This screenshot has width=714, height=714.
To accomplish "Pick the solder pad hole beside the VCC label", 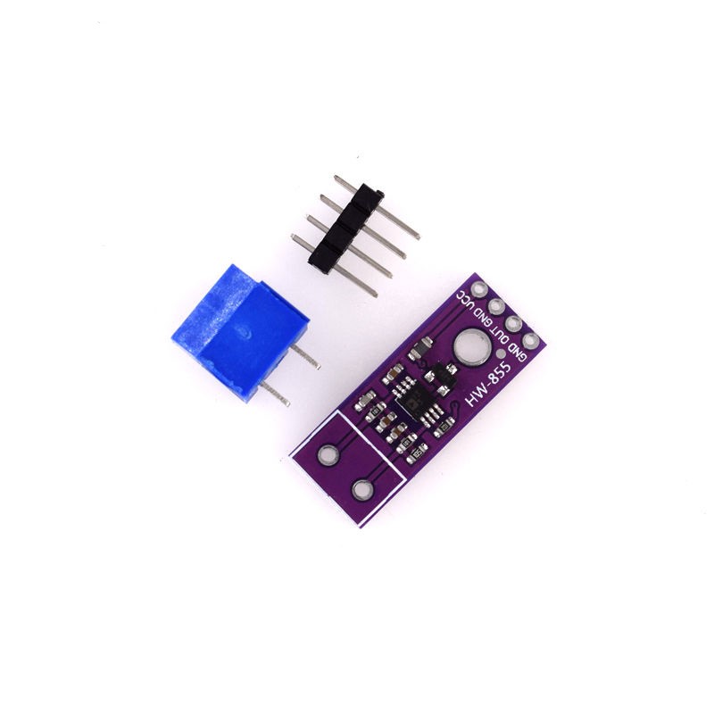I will tap(482, 289).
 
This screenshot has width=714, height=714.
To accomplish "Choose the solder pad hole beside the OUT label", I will tap(514, 323).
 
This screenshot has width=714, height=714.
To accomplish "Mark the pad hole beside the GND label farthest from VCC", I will tap(531, 340).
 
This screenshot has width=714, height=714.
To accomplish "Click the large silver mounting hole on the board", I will tap(469, 345).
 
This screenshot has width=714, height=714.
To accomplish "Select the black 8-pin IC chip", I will tap(411, 402).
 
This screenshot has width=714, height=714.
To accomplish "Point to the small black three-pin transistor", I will tap(439, 379).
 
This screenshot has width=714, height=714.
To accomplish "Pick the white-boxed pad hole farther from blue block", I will tap(362, 489).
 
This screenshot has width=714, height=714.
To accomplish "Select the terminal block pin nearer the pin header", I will tap(304, 359).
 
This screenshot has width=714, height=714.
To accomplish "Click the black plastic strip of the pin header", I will tap(345, 228).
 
